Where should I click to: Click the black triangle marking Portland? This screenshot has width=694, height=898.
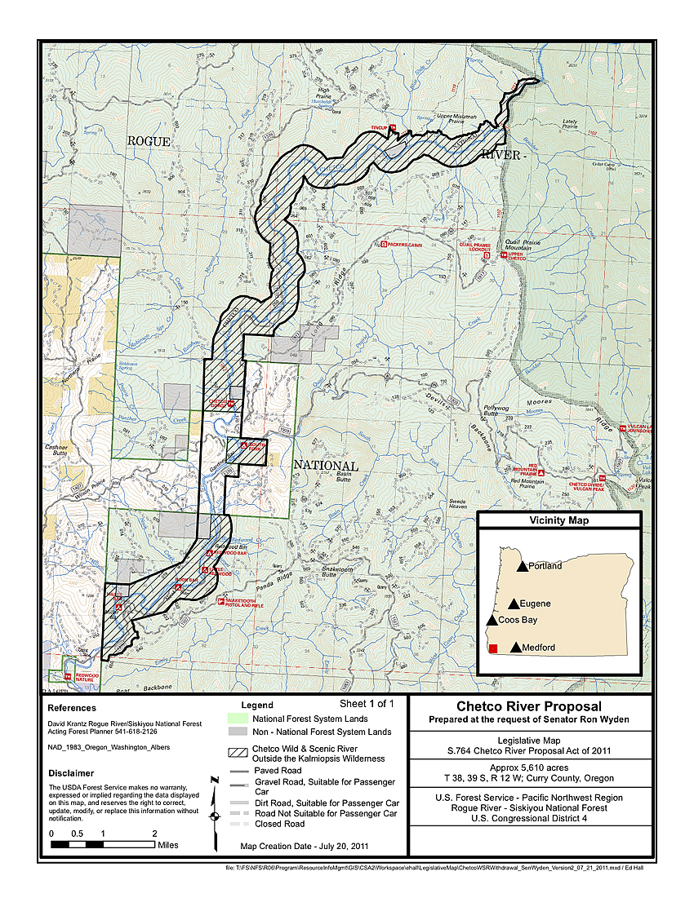click(522, 565)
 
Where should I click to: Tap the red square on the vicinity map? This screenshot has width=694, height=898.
click(493, 648)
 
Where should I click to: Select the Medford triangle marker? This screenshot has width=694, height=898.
click(515, 648)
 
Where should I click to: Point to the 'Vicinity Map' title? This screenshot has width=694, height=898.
click(559, 520)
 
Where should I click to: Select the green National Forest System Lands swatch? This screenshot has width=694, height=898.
click(236, 719)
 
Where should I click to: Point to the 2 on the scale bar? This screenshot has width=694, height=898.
click(155, 834)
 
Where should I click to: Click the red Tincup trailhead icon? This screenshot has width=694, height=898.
click(393, 127)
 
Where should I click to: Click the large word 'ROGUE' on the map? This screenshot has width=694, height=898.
click(149, 141)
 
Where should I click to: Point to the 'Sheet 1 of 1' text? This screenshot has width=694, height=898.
click(367, 703)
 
